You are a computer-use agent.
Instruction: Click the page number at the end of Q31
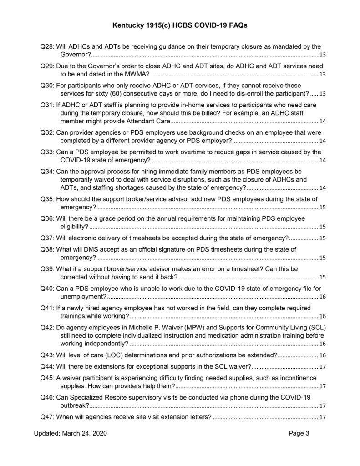[x=322, y=122]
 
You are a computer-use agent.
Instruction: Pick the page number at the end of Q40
[x=322, y=297]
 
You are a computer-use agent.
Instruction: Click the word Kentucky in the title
[x=128, y=27]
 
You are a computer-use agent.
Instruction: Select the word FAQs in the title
[x=237, y=27]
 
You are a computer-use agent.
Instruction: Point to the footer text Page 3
[x=299, y=434]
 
